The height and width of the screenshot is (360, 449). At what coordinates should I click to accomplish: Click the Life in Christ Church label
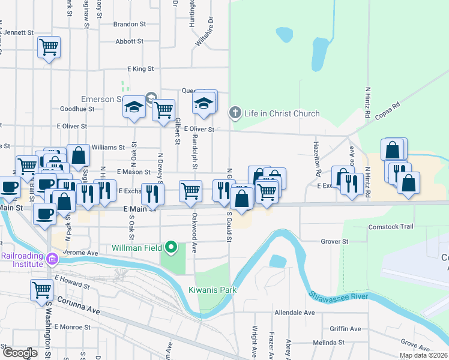tap(282, 113)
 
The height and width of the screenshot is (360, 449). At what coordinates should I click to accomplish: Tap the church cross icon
tap(235, 113)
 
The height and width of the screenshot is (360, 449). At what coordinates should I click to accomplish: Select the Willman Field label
tap(137, 247)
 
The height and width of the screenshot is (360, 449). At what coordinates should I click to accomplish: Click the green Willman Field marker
tap(172, 247)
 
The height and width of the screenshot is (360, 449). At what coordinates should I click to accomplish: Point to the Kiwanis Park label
tap(212, 290)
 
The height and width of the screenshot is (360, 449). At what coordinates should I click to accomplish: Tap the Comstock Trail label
tap(391, 227)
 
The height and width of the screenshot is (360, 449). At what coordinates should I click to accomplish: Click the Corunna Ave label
tap(78, 310)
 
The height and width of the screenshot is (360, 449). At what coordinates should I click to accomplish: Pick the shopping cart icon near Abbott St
tap(49, 46)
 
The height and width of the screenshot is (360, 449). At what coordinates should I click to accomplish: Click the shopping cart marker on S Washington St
tap(42, 290)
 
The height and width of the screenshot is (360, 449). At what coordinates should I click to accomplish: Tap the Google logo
tap(20, 353)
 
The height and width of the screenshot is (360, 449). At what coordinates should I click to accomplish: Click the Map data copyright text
tap(423, 355)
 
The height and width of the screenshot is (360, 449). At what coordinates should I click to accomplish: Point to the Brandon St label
tap(130, 25)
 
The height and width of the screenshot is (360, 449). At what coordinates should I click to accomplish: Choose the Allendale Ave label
tap(294, 313)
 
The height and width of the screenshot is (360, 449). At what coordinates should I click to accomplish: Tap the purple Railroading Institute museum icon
tap(52, 259)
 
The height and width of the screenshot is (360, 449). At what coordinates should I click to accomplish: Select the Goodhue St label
tap(77, 109)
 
